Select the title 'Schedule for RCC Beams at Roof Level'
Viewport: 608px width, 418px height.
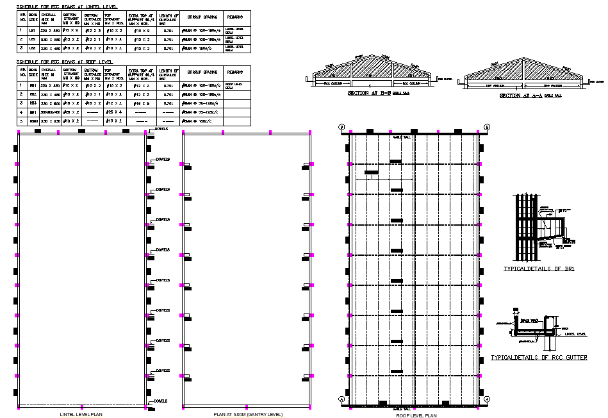point(64,62)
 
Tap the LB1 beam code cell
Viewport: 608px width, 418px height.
point(33,29)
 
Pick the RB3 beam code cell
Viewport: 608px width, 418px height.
point(33,103)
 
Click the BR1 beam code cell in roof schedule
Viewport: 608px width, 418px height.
point(33,112)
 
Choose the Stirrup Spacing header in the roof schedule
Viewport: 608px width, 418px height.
point(199,72)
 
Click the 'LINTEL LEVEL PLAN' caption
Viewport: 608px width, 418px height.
point(81,414)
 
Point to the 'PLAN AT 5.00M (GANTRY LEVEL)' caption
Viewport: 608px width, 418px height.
point(248,414)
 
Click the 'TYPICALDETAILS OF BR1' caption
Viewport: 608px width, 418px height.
point(539,269)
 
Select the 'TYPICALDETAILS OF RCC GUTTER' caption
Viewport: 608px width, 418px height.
point(539,357)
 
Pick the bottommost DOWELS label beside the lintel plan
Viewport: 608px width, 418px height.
point(160,401)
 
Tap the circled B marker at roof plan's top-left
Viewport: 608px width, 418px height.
point(342,127)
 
